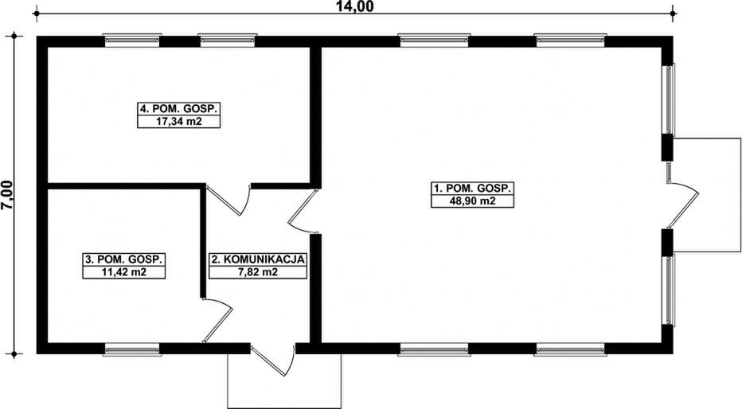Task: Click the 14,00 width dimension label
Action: pos(354,6)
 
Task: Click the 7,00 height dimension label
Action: pos(8,194)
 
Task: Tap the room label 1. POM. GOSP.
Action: pos(472,188)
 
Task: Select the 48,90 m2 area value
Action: pos(472,201)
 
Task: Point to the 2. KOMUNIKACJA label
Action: pos(258,259)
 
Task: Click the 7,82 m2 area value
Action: pos(258,272)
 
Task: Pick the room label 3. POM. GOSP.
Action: pos(124,259)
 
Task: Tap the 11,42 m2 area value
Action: pos(124,272)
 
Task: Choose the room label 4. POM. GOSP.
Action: pos(179,108)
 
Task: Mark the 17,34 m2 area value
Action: pos(179,121)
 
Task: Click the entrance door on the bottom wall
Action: pos(274,360)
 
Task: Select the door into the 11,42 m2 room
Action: pos(217,320)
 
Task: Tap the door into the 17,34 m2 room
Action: pos(228,200)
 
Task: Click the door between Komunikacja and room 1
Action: pos(303,212)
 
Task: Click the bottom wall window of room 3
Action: pos(132,350)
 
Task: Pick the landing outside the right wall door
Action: pos(707,195)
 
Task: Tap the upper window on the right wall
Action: pos(670,99)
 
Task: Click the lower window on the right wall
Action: pos(670,290)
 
